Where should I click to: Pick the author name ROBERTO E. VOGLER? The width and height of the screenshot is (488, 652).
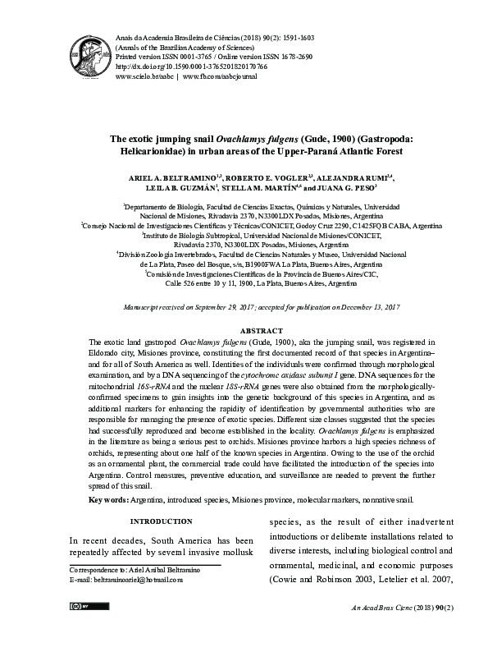tap(262, 178)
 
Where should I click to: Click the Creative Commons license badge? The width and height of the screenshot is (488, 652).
tap(78, 628)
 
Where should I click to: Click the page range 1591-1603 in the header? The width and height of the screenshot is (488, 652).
tap(301, 38)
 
